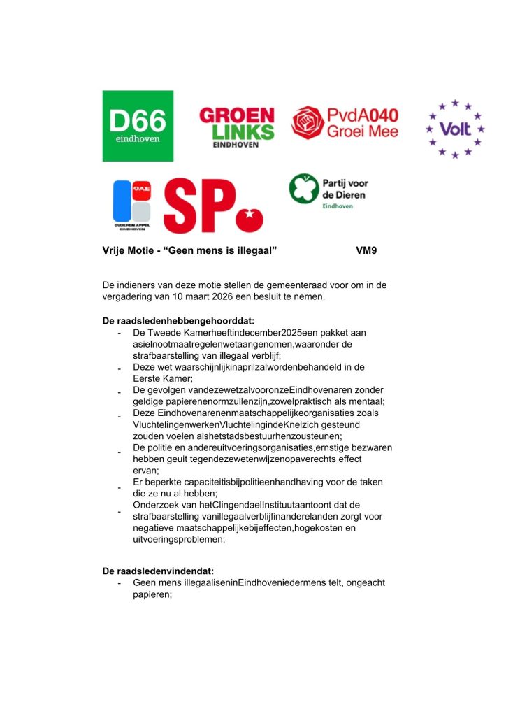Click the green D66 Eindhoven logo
coord(138,125)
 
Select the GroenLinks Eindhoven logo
coord(237,126)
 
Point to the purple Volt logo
coord(455,129)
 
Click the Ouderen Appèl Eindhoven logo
coord(132,204)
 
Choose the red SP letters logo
coord(199,206)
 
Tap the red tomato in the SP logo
coord(249,217)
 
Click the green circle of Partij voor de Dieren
coord(303,189)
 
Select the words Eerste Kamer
coord(157,378)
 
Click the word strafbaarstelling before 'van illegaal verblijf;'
coord(166,355)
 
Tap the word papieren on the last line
coord(152,594)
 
